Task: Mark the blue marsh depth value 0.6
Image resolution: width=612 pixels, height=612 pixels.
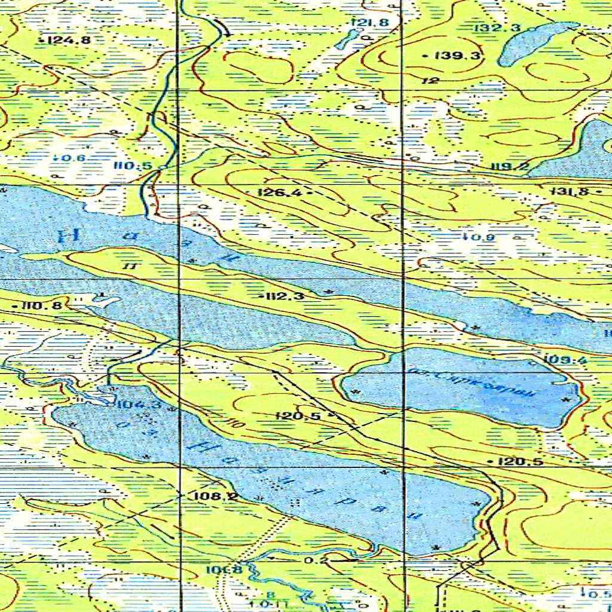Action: point(72,158)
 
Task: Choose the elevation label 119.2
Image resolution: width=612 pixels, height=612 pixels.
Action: point(509,167)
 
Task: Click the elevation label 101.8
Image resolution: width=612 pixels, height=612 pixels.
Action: point(224,570)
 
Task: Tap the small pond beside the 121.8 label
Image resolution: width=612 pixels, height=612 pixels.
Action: point(345,41)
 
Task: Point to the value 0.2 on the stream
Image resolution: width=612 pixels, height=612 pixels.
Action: point(316,561)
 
